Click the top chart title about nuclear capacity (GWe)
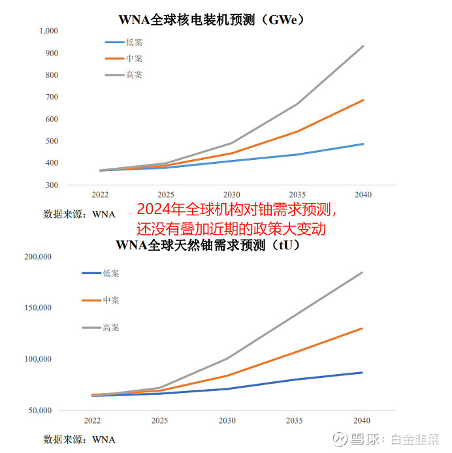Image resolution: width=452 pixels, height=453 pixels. pyautogui.click(x=210, y=19)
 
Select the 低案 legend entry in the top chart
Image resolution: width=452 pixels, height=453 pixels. pyautogui.click(x=134, y=42)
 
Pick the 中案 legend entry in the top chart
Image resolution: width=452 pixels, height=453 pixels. pyautogui.click(x=134, y=59)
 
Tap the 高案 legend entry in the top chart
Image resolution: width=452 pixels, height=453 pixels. pyautogui.click(x=134, y=75)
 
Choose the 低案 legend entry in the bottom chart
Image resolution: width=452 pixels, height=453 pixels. pyautogui.click(x=111, y=273)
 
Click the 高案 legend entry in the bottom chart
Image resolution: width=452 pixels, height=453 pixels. pyautogui.click(x=111, y=327)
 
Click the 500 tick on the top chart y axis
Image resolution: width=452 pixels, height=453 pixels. pyautogui.click(x=52, y=141)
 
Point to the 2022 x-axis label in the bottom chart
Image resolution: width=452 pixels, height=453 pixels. pyautogui.click(x=91, y=421)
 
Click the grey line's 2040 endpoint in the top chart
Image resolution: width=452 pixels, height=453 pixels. pyautogui.click(x=363, y=46)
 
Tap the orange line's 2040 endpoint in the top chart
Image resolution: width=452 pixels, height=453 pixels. pyautogui.click(x=363, y=100)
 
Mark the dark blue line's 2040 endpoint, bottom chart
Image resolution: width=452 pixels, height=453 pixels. pyautogui.click(x=363, y=373)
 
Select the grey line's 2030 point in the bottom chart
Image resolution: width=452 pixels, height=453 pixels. pyautogui.click(x=227, y=358)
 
